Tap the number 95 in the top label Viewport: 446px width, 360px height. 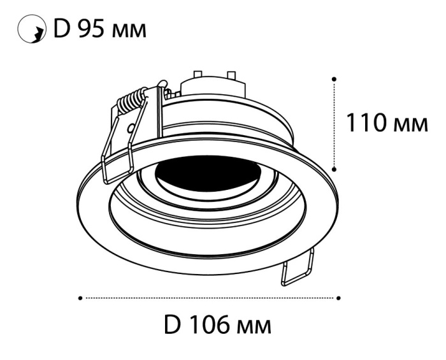[x=90, y=29]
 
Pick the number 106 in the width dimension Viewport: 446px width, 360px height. [x=208, y=326]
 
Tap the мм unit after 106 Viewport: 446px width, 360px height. [x=253, y=328]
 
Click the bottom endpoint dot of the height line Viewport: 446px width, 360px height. [x=334, y=169]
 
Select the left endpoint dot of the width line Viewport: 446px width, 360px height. [x=80, y=297]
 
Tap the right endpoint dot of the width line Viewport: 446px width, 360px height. [x=339, y=297]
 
